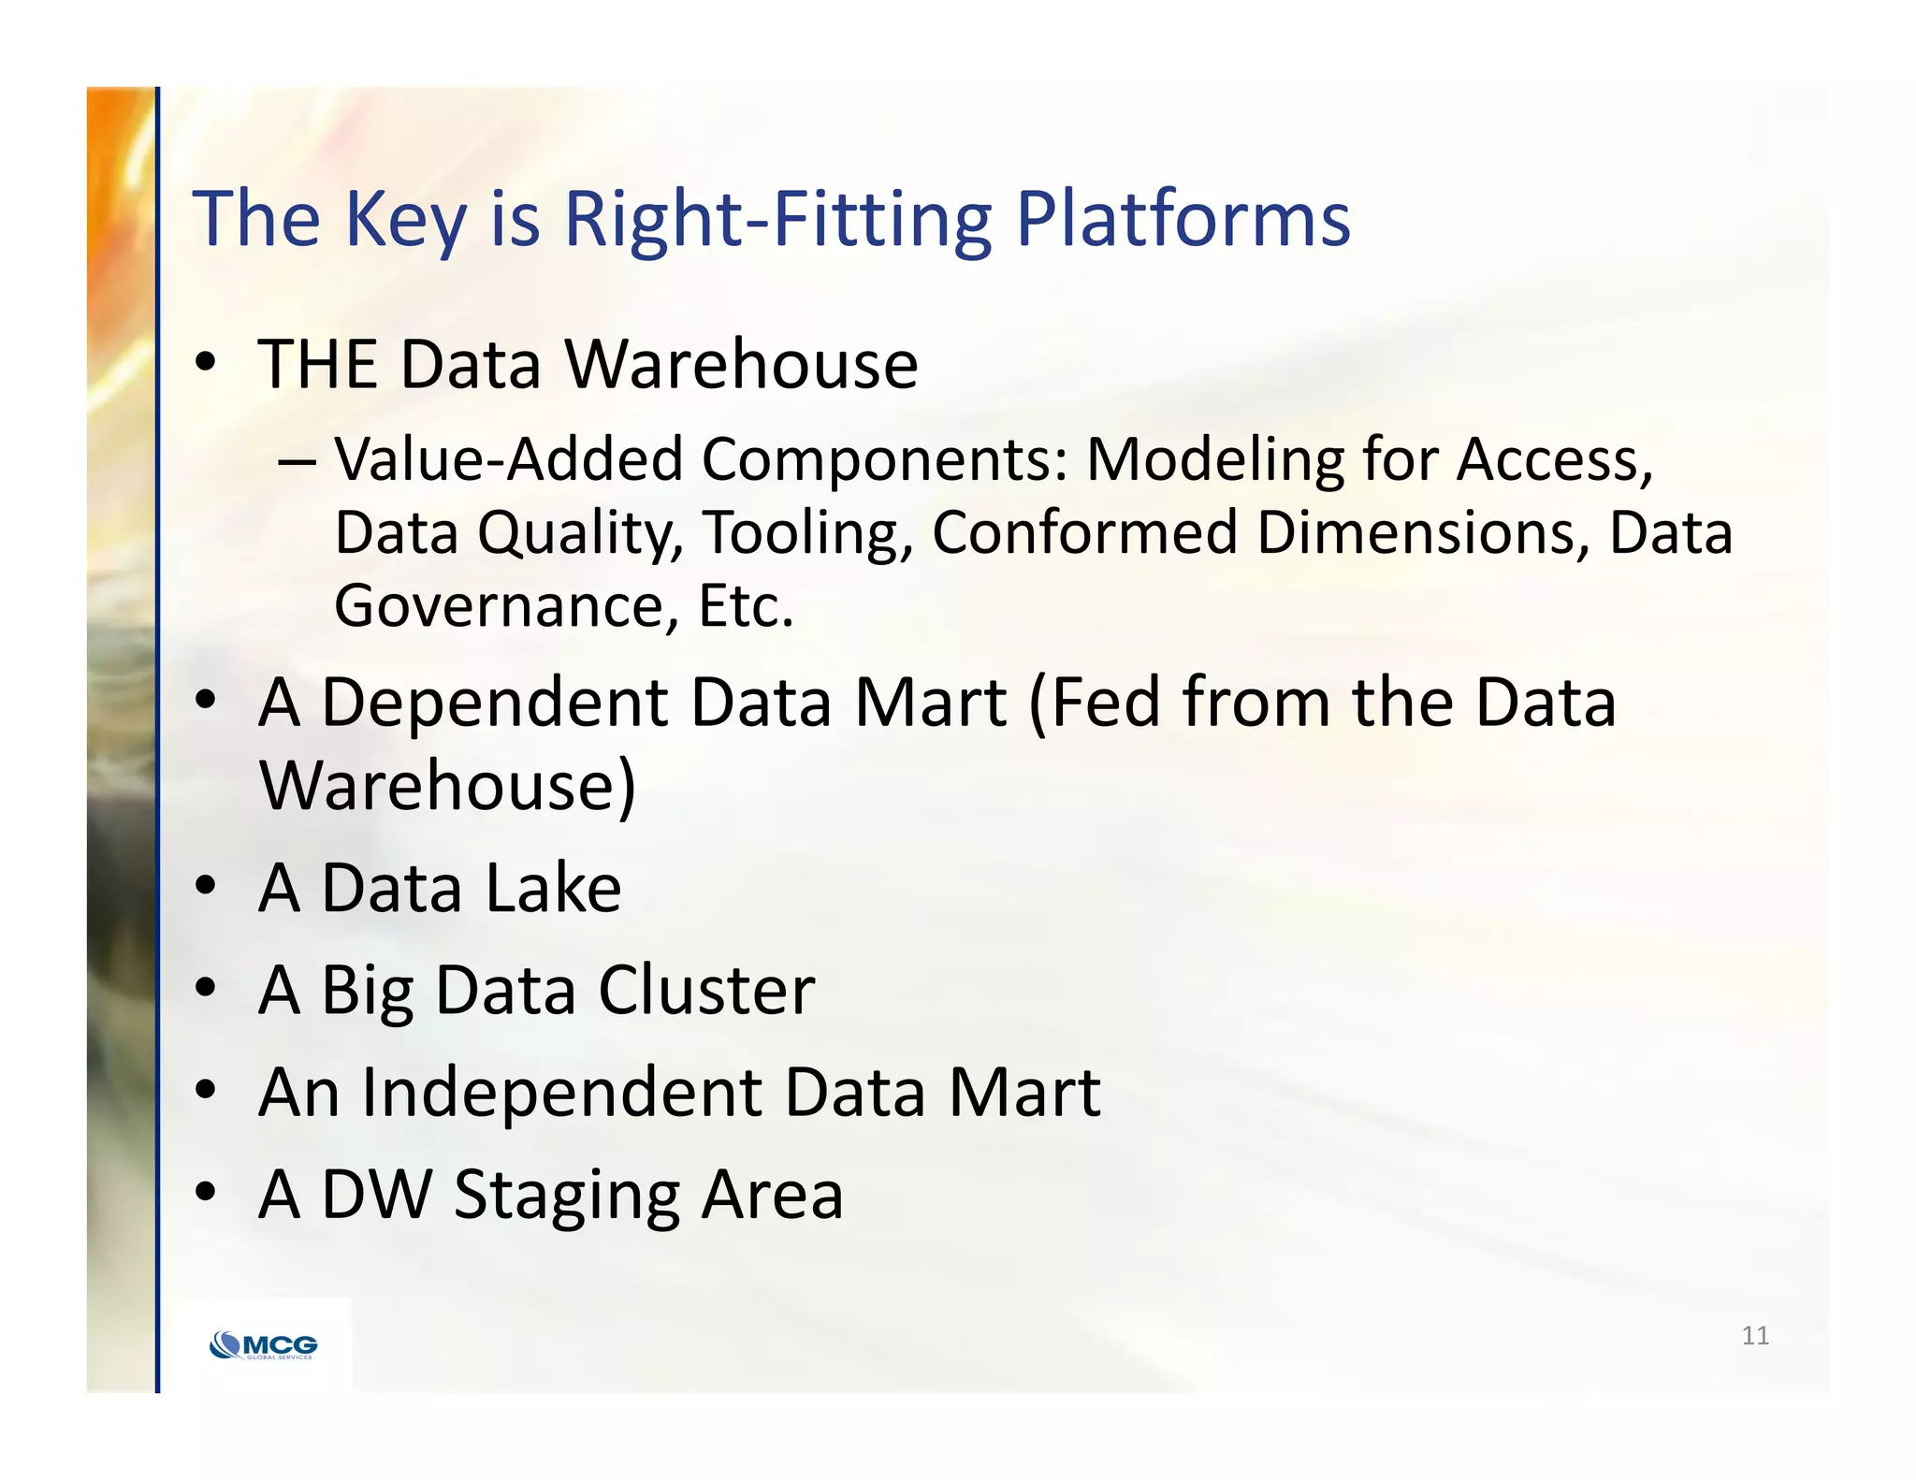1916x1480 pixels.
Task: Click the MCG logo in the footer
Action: (264, 1346)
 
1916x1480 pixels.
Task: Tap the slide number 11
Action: (1755, 1335)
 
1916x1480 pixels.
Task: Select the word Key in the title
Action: (404, 220)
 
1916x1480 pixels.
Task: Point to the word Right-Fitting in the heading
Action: (777, 220)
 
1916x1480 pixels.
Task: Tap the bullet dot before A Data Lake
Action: (206, 885)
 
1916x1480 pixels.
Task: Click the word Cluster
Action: (706, 989)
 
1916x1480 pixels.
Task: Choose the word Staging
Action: (567, 1196)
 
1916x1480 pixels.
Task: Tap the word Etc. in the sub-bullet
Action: (746, 606)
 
